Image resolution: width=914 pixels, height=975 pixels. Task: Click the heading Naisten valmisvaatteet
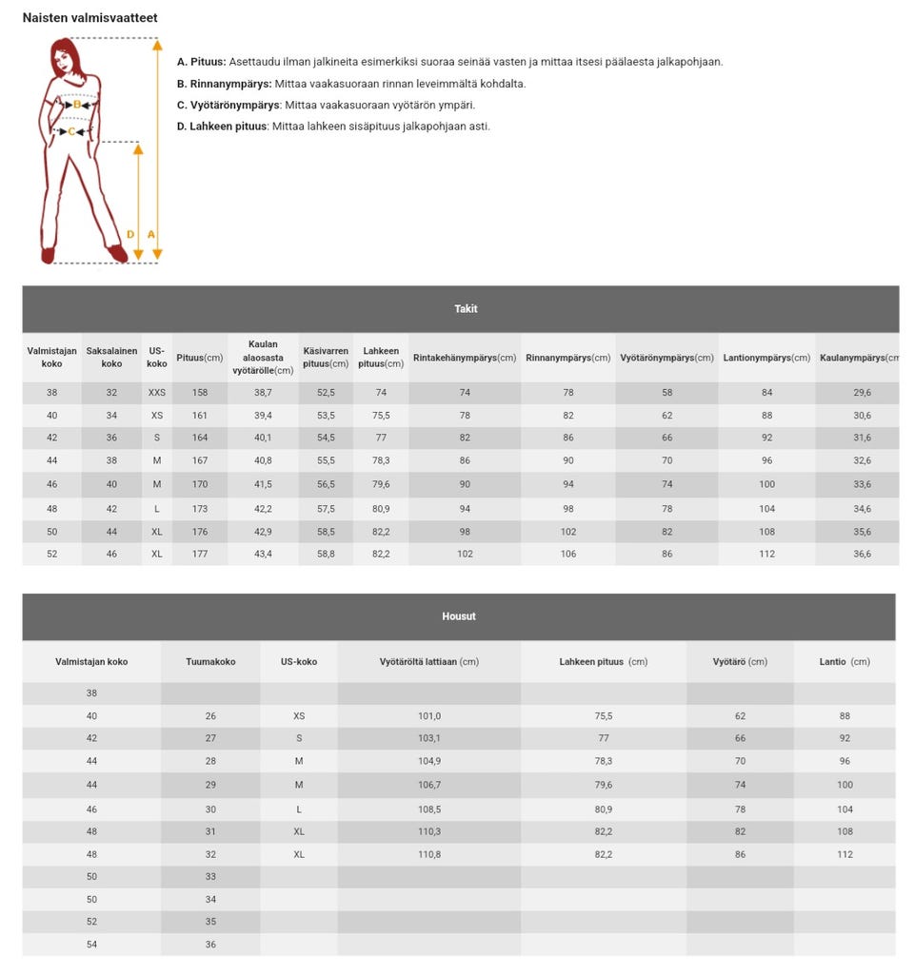[90, 18]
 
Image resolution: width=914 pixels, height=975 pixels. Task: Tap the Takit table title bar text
[466, 309]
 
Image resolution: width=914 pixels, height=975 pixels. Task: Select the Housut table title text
[459, 616]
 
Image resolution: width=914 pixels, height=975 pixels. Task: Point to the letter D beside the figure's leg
[130, 234]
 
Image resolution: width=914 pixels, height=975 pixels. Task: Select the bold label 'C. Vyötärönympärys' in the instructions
[228, 105]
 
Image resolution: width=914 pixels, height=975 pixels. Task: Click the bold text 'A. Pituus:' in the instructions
[201, 62]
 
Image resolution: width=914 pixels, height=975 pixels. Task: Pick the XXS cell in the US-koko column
[157, 393]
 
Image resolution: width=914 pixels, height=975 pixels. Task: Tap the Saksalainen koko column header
[111, 358]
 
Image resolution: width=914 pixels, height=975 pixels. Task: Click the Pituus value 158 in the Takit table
[200, 393]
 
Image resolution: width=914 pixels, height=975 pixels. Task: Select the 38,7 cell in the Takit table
[263, 393]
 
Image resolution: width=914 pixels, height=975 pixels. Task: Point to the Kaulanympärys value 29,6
[862, 393]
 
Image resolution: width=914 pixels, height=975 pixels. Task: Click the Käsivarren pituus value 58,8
[326, 554]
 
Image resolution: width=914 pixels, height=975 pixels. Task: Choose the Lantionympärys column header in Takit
[766, 358]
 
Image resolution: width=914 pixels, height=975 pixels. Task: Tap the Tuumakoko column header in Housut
[210, 661]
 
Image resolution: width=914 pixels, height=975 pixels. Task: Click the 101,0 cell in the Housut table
[428, 716]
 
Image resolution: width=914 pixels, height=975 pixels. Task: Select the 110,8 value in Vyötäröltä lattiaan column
[428, 855]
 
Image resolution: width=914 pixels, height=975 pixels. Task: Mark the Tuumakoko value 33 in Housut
[210, 877]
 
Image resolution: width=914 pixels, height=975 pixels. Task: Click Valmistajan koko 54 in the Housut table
[91, 945]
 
